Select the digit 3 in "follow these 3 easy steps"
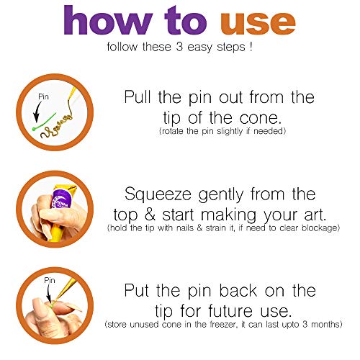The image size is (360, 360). (x=179, y=47)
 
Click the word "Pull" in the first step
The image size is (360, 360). (x=138, y=96)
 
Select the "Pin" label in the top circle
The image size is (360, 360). (x=43, y=96)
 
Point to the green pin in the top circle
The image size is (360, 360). (x=44, y=122)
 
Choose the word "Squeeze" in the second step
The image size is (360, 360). (x=158, y=194)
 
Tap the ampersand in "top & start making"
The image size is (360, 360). (x=150, y=215)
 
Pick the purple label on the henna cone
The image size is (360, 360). (x=61, y=199)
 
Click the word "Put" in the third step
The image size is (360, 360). (x=136, y=290)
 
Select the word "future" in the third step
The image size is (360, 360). (x=230, y=310)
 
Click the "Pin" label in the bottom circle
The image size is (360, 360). (x=50, y=280)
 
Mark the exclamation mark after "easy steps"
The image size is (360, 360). (x=251, y=46)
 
